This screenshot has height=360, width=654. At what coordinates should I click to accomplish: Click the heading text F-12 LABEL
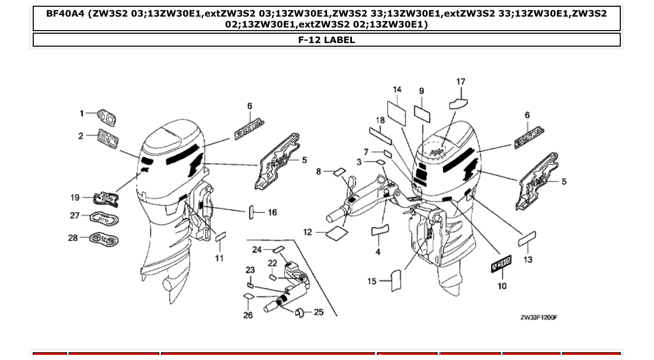(x=326, y=40)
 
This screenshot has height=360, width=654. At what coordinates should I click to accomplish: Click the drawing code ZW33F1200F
(x=539, y=317)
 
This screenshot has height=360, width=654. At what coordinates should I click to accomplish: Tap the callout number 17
(x=460, y=81)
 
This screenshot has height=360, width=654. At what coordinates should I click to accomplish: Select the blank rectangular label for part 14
(x=397, y=110)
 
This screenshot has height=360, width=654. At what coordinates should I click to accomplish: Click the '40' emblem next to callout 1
(x=107, y=117)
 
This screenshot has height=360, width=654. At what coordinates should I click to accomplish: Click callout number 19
(x=75, y=197)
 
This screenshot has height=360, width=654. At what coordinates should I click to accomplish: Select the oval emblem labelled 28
(x=104, y=239)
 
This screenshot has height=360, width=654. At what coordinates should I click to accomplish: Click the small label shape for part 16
(x=251, y=212)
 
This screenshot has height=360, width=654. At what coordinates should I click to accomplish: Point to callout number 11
(x=219, y=258)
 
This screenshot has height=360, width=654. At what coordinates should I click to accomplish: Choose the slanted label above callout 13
(x=527, y=240)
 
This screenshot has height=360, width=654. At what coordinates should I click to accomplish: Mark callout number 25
(x=319, y=312)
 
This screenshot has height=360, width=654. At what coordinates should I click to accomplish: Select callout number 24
(x=257, y=250)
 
